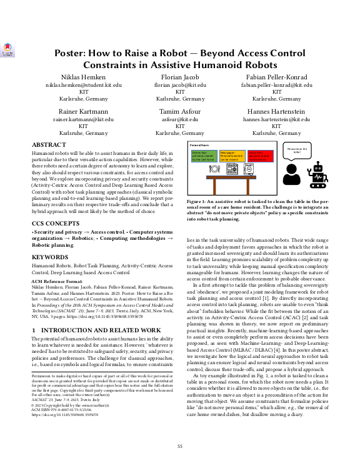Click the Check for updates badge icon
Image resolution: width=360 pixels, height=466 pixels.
tap(7, 49)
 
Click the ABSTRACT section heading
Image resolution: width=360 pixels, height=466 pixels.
tap(48, 144)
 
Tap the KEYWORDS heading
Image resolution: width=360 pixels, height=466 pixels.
tap(51, 273)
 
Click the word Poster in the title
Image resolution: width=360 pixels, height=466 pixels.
tap(74, 53)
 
